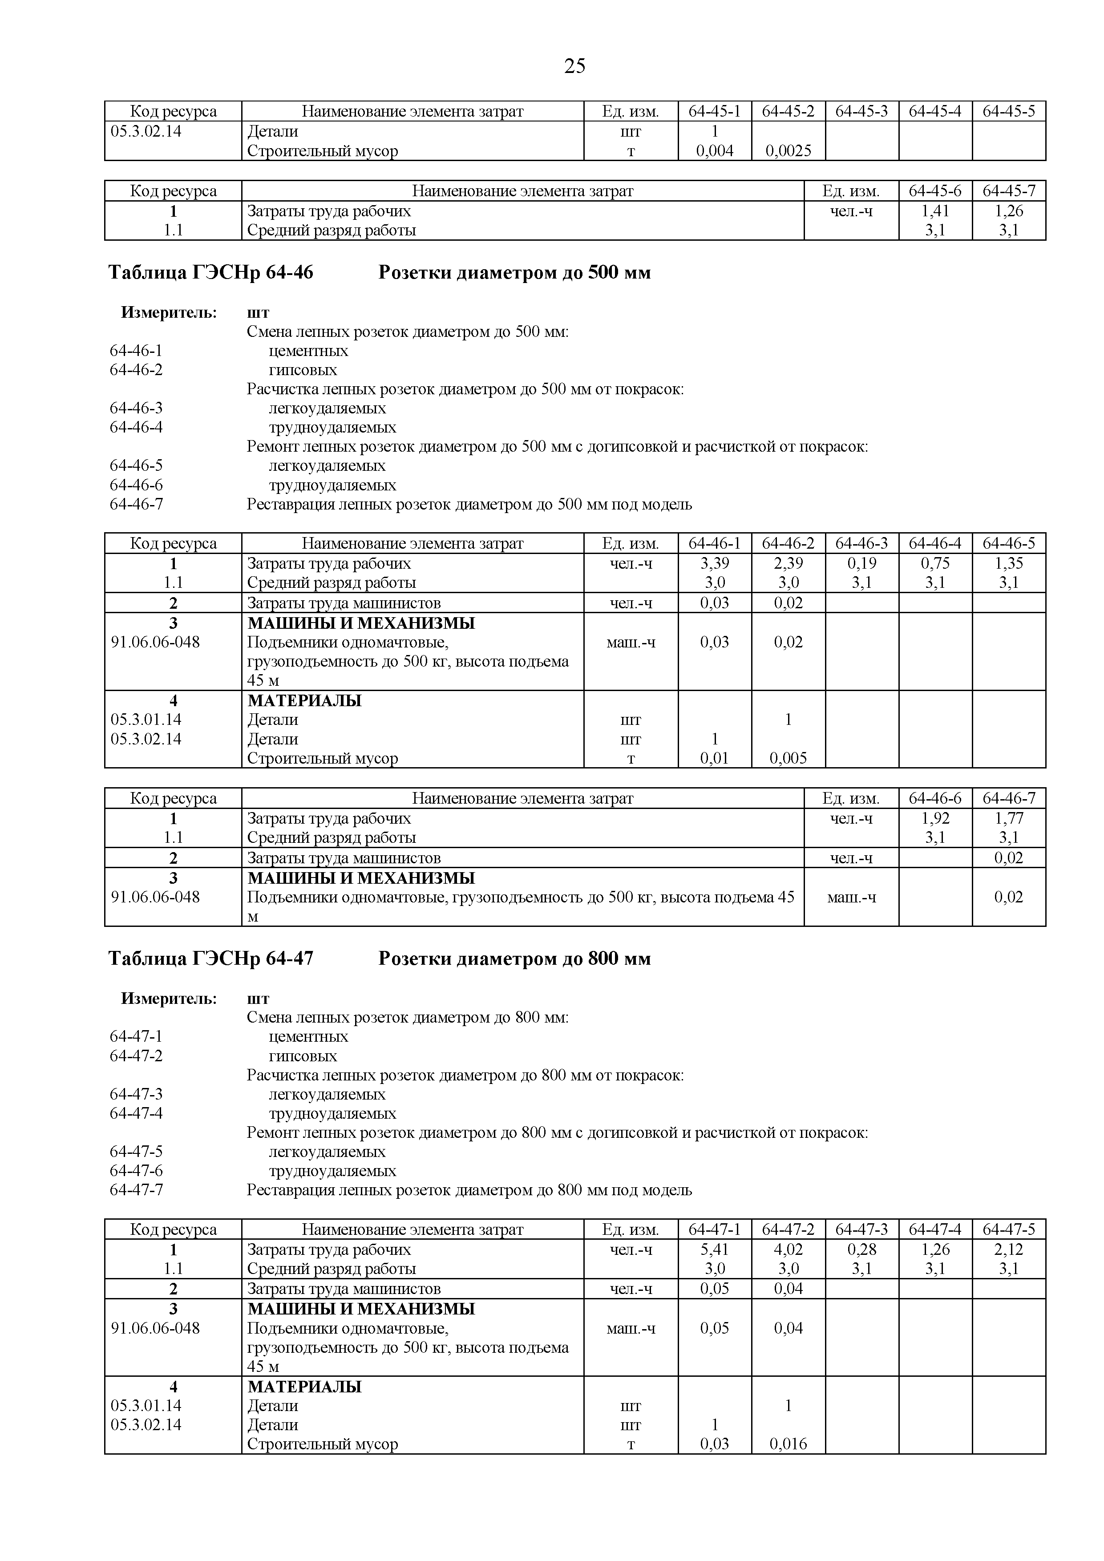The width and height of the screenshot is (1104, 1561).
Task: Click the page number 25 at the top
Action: click(574, 66)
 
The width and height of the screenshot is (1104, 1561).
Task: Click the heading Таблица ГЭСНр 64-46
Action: click(211, 273)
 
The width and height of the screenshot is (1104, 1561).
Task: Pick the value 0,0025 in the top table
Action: click(788, 151)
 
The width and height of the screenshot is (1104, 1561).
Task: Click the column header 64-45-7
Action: click(1009, 191)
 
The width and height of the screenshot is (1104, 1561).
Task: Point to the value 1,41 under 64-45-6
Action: click(935, 211)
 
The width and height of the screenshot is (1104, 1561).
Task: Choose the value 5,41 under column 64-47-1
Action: click(715, 1249)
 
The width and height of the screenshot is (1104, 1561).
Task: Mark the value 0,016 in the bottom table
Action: click(788, 1444)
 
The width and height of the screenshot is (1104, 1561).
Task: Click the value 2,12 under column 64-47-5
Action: click(1009, 1249)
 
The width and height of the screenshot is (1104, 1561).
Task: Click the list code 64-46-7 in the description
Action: click(136, 505)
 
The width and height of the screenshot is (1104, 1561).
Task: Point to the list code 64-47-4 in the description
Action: click(136, 1114)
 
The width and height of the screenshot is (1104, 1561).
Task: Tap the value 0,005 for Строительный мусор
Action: click(788, 758)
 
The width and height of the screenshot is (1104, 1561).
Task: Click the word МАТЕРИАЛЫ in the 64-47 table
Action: click(304, 1386)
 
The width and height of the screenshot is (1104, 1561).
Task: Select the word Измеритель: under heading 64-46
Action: click(169, 313)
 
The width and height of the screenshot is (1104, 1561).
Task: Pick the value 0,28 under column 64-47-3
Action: click(861, 1249)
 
